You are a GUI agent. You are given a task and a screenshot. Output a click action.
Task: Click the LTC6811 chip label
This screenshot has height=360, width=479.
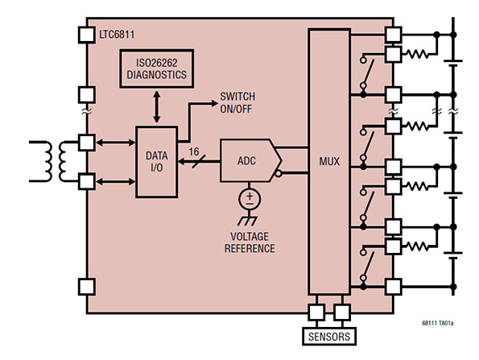point(117,34)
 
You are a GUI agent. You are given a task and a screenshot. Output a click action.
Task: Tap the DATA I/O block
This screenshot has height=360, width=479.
point(157,162)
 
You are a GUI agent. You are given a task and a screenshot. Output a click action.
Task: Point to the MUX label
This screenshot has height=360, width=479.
point(329,161)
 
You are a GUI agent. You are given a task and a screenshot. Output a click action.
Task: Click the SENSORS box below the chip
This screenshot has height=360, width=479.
point(329,337)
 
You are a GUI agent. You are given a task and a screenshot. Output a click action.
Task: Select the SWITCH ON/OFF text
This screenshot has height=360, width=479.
point(237,102)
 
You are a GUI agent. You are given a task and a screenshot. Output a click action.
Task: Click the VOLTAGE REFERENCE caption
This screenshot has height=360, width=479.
point(250,242)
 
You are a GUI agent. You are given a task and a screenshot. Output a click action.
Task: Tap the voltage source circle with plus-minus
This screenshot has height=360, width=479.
point(250,199)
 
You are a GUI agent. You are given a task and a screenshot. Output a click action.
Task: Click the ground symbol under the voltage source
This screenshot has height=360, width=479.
point(248,220)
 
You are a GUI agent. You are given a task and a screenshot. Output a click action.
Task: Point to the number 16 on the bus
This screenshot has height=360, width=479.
point(194,151)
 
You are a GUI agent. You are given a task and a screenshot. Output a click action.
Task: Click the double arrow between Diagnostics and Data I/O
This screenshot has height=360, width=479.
point(157,107)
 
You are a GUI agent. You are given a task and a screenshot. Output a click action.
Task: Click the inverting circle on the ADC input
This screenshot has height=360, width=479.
point(278,174)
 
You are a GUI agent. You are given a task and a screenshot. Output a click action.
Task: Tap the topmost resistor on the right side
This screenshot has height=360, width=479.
point(417,55)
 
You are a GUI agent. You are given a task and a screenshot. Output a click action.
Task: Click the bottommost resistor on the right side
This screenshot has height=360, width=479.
point(417,246)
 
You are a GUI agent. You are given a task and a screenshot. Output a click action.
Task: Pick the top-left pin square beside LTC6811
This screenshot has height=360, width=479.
point(87,35)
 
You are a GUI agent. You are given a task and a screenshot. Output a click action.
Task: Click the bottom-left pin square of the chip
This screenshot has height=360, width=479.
point(87,287)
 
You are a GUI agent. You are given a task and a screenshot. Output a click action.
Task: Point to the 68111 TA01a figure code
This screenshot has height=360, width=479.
point(438,323)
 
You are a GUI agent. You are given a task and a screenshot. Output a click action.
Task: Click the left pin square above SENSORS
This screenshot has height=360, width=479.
point(317,312)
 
